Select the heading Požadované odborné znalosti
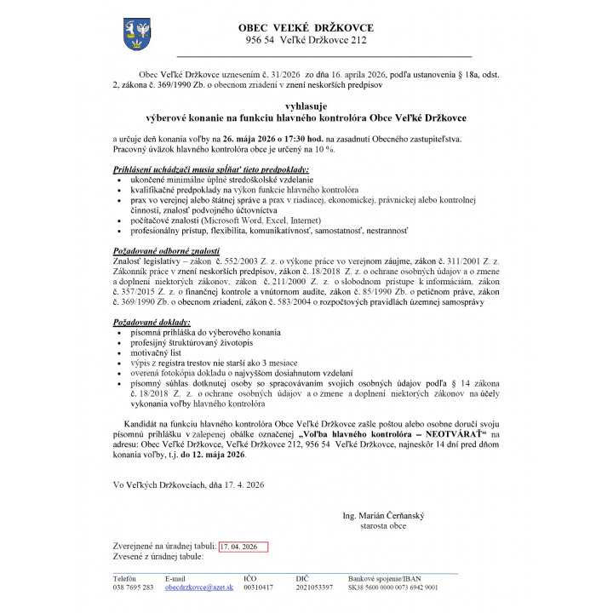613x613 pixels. point(164,252)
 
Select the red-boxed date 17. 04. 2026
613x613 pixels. point(243,546)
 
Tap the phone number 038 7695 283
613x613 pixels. point(134,587)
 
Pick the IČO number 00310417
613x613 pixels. point(259,587)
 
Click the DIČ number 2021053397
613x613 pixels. point(315,587)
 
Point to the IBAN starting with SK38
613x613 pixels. point(393,587)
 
